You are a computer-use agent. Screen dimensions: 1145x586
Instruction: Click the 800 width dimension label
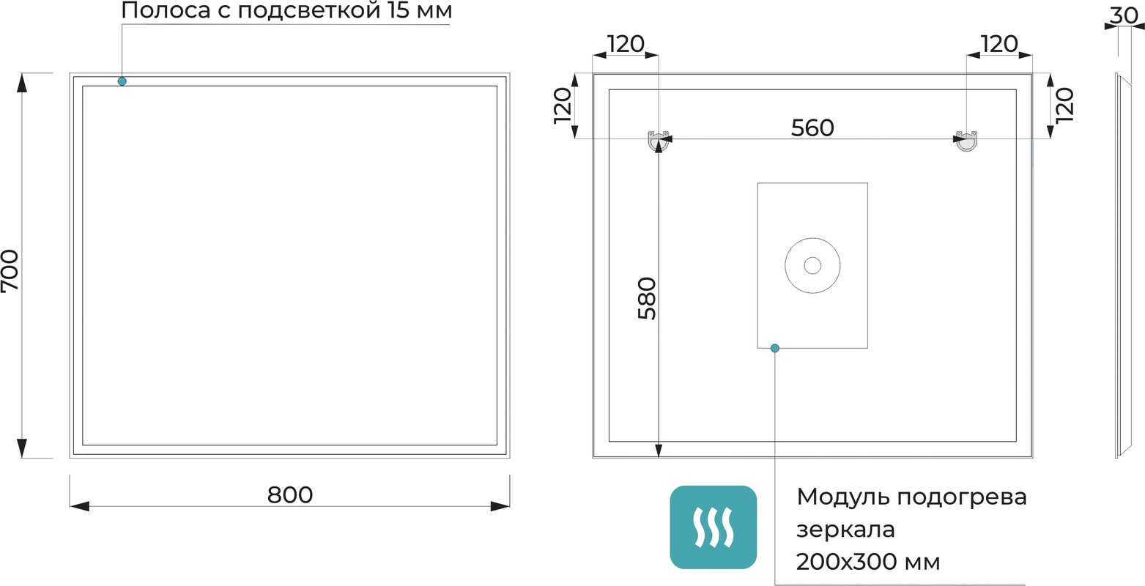290,494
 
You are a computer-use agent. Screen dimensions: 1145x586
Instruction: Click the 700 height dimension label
10,271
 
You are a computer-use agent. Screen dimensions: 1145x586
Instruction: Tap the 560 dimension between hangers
812,127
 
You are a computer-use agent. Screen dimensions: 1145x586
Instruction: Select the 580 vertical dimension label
647,298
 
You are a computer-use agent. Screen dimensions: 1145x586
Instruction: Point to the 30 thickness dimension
1124,15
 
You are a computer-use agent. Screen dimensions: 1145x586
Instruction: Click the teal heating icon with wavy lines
714,527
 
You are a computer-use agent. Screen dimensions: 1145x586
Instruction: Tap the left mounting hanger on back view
659,141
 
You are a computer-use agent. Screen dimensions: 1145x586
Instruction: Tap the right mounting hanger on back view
966,141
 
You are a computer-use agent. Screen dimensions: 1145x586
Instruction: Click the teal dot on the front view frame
122,81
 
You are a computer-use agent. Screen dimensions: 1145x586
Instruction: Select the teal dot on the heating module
775,349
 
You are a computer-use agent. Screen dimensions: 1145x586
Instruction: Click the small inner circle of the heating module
812,266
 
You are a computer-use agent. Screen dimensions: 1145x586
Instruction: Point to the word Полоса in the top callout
166,11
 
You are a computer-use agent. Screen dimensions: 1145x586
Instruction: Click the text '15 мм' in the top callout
419,11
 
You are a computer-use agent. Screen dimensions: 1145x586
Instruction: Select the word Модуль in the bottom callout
843,497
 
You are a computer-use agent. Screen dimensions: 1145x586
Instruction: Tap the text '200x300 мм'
868,562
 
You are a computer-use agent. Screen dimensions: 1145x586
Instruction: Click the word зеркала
845,530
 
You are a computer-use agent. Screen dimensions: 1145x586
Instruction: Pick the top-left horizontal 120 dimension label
626,44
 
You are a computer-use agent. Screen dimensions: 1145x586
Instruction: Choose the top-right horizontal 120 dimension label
999,44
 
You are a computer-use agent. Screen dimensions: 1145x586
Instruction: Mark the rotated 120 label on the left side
563,105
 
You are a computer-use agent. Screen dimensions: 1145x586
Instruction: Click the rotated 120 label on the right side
1065,105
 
